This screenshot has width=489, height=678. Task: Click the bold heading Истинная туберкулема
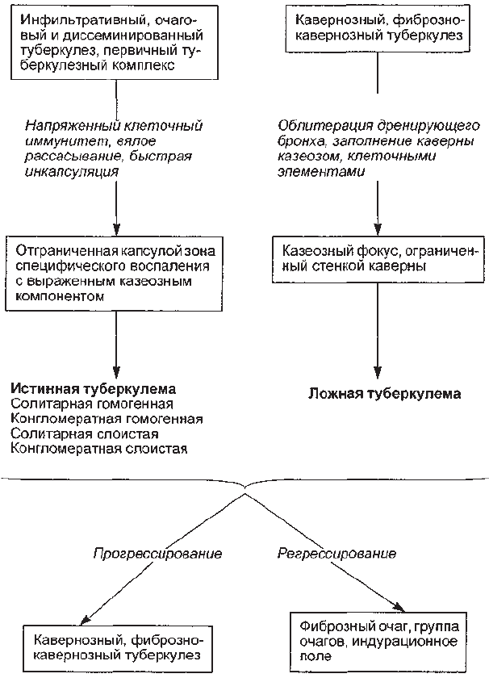tap(94, 389)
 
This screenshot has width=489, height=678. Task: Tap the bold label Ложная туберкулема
tap(384, 394)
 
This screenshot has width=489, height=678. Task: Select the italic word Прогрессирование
tap(158, 554)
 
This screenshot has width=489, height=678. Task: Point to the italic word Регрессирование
tap(336, 554)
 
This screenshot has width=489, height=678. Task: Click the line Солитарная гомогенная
tap(92, 404)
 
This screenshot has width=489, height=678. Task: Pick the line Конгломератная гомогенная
tap(107, 419)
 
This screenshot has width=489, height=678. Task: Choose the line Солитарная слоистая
tap(85, 433)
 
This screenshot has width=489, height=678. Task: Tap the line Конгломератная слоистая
tap(99, 449)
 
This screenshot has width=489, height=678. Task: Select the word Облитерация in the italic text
tap(325, 126)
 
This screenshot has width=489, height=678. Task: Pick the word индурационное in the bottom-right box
tap(405, 641)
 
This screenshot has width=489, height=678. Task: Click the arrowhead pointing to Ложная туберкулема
tap(378, 373)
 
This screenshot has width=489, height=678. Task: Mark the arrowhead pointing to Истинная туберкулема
tap(116, 372)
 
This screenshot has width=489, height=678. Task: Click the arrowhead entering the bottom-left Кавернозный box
tap(86, 619)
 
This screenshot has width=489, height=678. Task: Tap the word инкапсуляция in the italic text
tap(72, 172)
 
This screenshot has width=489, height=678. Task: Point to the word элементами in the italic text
tap(321, 171)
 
